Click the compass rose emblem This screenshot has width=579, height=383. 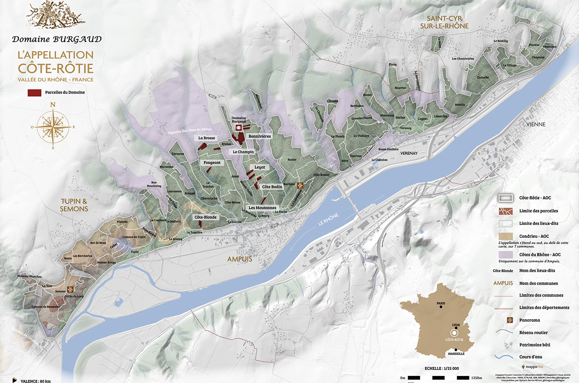(x=53, y=126)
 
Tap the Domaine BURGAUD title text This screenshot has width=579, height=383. (x=57, y=39)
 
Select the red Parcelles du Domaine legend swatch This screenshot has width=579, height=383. (x=35, y=93)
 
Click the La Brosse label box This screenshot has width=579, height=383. (x=207, y=138)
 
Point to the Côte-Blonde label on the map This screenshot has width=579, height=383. (x=205, y=217)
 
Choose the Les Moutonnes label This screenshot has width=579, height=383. (x=262, y=208)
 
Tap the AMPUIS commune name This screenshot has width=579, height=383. (x=240, y=259)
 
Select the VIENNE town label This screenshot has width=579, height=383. (x=535, y=124)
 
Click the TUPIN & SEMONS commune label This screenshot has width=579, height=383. (x=74, y=205)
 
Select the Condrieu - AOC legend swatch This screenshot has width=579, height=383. (x=505, y=236)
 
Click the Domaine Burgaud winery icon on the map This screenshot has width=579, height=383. (x=238, y=128)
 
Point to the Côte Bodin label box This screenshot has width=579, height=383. (x=272, y=187)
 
